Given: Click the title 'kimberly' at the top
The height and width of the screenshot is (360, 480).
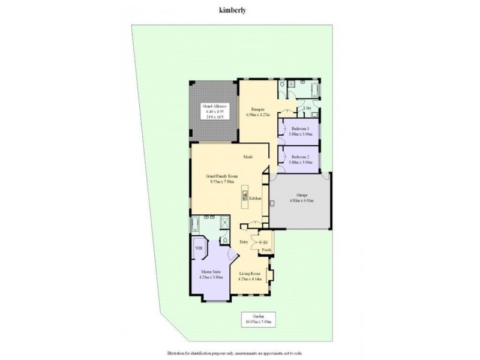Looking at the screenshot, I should tap(226, 10).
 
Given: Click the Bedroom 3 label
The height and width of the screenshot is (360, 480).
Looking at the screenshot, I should tap(300, 131).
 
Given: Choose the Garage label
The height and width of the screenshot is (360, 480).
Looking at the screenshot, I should tap(302, 198).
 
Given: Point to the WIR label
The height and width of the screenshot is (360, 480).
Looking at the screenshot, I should tap(198, 247).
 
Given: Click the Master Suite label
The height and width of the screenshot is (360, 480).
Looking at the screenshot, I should tap(211, 274).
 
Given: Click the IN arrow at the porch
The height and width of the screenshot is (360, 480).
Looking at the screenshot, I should tap(263, 241).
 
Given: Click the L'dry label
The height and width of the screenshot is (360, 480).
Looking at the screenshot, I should tap(307, 108).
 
